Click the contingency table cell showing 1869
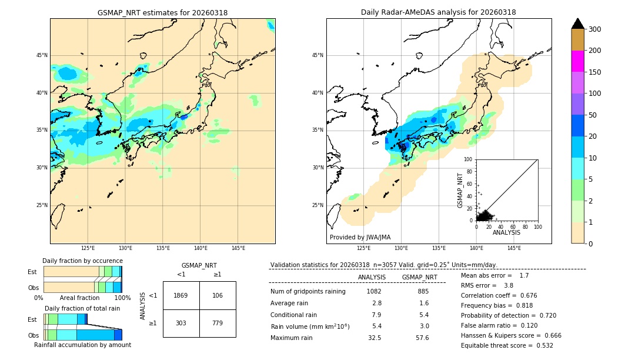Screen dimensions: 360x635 coord(181,295)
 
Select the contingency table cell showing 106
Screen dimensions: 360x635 coord(218,295)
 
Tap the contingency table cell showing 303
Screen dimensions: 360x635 coord(181,324)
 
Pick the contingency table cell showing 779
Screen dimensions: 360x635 coord(218,324)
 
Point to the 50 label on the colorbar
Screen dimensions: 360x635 coord(596,115)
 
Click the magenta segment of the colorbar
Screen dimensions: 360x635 coord(577,61)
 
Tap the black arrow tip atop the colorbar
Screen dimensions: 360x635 coord(577,23)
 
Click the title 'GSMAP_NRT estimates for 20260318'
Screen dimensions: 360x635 coord(162,13)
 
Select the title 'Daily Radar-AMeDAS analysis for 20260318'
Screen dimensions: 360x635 coord(439,13)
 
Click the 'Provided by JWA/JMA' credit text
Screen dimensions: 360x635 coord(360,238)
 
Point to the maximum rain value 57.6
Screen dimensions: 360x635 coord(423,338)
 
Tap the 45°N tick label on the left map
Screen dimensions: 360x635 coord(42,55)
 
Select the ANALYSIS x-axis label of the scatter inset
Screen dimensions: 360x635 coord(506,233)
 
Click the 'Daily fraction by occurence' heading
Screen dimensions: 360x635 coord(82,261)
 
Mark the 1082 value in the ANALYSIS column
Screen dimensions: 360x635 coord(374,292)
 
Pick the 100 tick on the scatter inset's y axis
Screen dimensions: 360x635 coord(469,159)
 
